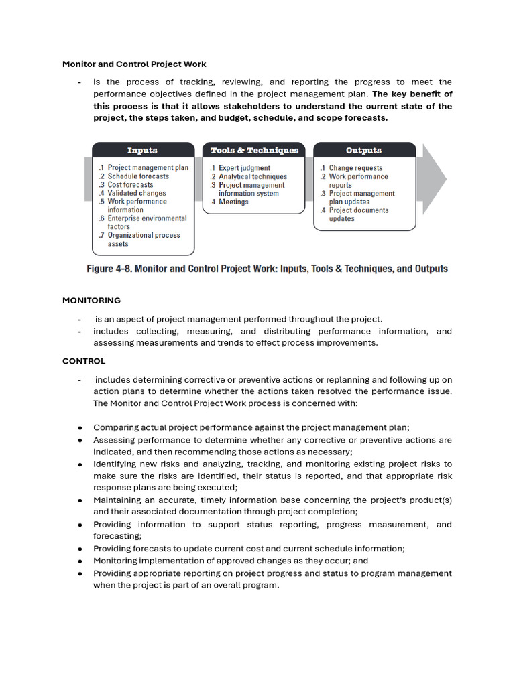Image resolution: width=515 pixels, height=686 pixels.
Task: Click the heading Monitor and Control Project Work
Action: (134, 64)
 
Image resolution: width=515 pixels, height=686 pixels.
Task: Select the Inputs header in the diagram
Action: (142, 151)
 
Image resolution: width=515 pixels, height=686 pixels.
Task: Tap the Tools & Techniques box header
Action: (253, 151)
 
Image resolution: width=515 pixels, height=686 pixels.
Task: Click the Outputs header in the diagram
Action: (363, 151)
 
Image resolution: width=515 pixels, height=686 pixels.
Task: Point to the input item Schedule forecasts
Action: (137, 176)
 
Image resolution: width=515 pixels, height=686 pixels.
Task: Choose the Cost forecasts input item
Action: (129, 185)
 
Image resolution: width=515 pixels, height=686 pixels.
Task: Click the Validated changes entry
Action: (136, 193)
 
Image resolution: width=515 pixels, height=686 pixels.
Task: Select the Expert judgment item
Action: (244, 168)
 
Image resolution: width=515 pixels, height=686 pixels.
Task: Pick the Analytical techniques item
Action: (252, 177)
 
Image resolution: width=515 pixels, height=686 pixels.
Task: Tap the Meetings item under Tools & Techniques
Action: (233, 202)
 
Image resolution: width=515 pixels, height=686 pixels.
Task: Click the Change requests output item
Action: (355, 168)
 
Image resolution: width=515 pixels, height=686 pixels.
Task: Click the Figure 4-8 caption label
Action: (268, 269)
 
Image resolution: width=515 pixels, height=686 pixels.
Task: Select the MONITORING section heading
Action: (92, 301)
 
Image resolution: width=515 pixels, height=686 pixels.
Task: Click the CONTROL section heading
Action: (84, 361)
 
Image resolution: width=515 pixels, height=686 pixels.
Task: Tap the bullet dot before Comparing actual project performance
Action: (80, 427)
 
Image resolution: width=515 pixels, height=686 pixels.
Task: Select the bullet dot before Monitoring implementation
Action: (80, 561)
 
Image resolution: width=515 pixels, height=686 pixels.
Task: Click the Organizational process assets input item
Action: (144, 239)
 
